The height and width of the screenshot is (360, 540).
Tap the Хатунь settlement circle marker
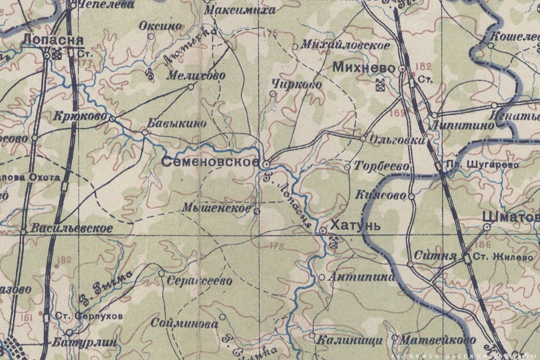[x=323, y=230]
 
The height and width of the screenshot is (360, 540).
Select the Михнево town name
[x=364, y=68]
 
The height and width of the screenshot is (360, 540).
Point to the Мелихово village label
[x=196, y=76]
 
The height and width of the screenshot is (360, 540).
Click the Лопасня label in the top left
[x=51, y=40]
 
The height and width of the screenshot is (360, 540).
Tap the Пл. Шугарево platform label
[x=482, y=165]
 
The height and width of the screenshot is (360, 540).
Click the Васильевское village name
[x=72, y=228]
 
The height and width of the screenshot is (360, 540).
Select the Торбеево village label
[x=381, y=166]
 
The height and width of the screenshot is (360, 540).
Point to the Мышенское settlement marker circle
[x=256, y=211]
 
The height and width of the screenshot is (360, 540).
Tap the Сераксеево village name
[x=199, y=281]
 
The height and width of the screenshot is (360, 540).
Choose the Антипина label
[x=362, y=277]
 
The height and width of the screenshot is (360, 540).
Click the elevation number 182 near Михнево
[x=423, y=66]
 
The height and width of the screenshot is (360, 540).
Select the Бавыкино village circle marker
[x=145, y=133]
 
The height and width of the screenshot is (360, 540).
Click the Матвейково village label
[x=437, y=340]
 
